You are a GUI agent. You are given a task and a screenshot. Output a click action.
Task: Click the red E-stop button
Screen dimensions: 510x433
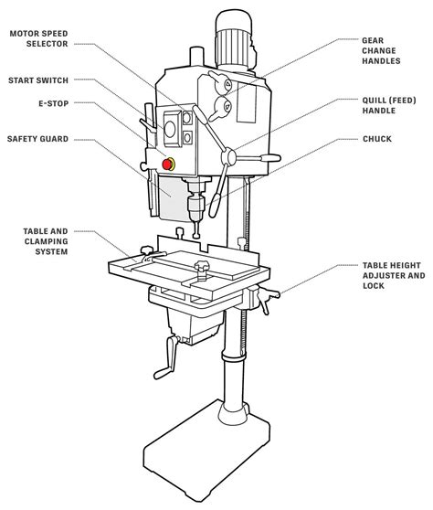pos(167,164)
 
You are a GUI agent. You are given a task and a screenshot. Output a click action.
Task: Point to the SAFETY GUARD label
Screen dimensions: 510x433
pos(38,140)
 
